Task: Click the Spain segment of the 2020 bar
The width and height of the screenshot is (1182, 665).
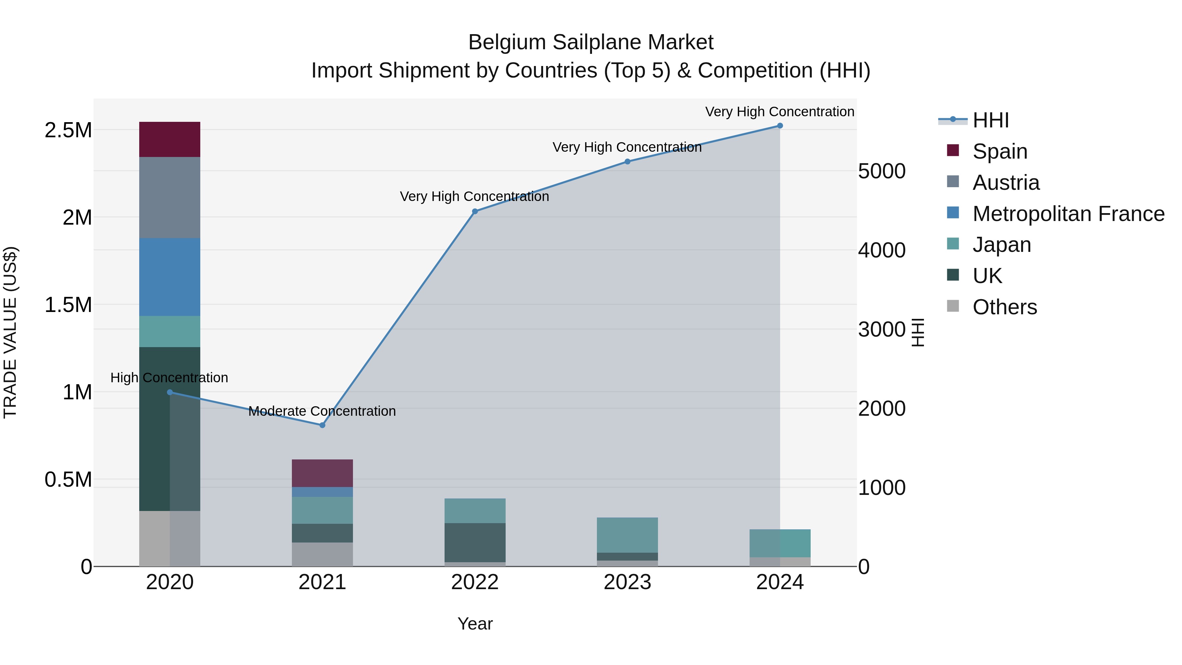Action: pyautogui.click(x=170, y=140)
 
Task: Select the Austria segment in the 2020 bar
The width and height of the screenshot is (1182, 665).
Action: pyautogui.click(x=170, y=197)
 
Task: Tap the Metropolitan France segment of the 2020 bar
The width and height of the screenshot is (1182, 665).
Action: pyautogui.click(x=170, y=277)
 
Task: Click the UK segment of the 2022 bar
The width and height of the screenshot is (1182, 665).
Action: pyautogui.click(x=475, y=543)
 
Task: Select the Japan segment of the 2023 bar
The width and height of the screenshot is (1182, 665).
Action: pyautogui.click(x=627, y=535)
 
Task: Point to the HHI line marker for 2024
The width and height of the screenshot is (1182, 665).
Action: pyautogui.click(x=779, y=126)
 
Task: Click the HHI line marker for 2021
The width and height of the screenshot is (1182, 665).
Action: pyautogui.click(x=322, y=425)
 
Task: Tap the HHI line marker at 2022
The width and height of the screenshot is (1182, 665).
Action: pyautogui.click(x=475, y=211)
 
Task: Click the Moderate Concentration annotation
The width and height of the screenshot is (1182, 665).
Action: pyautogui.click(x=322, y=411)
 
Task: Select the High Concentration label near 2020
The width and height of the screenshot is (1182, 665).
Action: pyautogui.click(x=169, y=378)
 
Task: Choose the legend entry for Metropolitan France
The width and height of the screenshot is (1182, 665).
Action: pyautogui.click(x=1068, y=214)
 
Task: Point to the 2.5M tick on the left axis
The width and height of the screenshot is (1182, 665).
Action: pyautogui.click(x=68, y=130)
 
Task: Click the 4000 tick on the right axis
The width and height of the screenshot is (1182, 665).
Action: pyautogui.click(x=882, y=251)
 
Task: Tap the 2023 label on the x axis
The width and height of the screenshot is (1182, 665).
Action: pyautogui.click(x=627, y=582)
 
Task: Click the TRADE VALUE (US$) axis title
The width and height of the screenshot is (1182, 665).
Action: pyautogui.click(x=10, y=332)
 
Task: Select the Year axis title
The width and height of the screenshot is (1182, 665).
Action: pyautogui.click(x=475, y=624)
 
